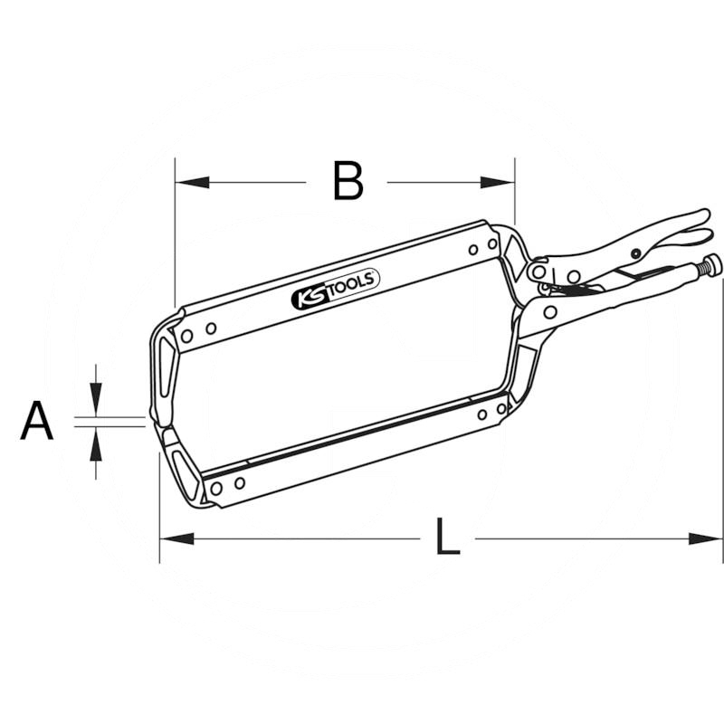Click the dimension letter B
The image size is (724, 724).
tap(348, 182)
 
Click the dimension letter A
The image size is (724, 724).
tap(37, 422)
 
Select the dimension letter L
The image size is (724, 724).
tap(446, 538)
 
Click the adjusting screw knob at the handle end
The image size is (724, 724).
tap(711, 265)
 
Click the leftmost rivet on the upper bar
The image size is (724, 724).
tap(187, 336)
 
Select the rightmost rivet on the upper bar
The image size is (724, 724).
tap(492, 244)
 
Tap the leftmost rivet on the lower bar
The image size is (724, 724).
tap(215, 488)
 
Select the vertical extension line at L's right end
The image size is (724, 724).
tap(722, 407)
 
